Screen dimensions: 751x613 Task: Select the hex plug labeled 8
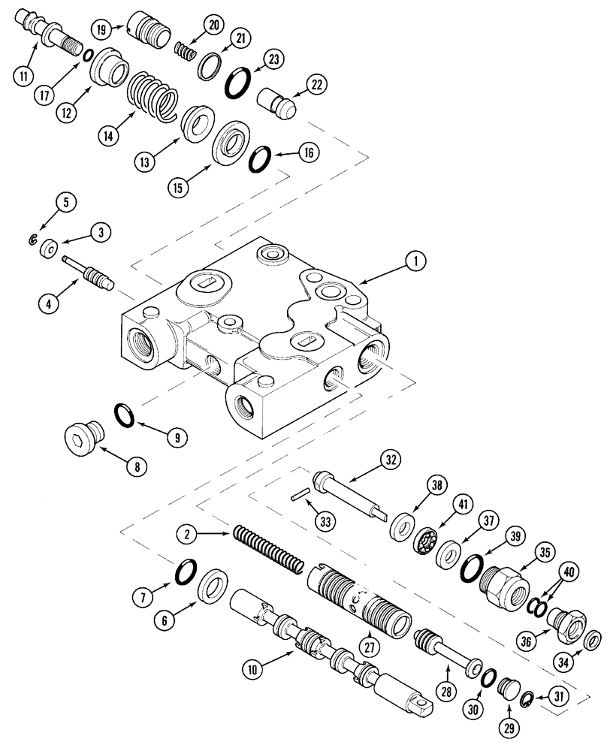pos(78,437)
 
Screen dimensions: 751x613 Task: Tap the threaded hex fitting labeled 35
pos(497,586)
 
